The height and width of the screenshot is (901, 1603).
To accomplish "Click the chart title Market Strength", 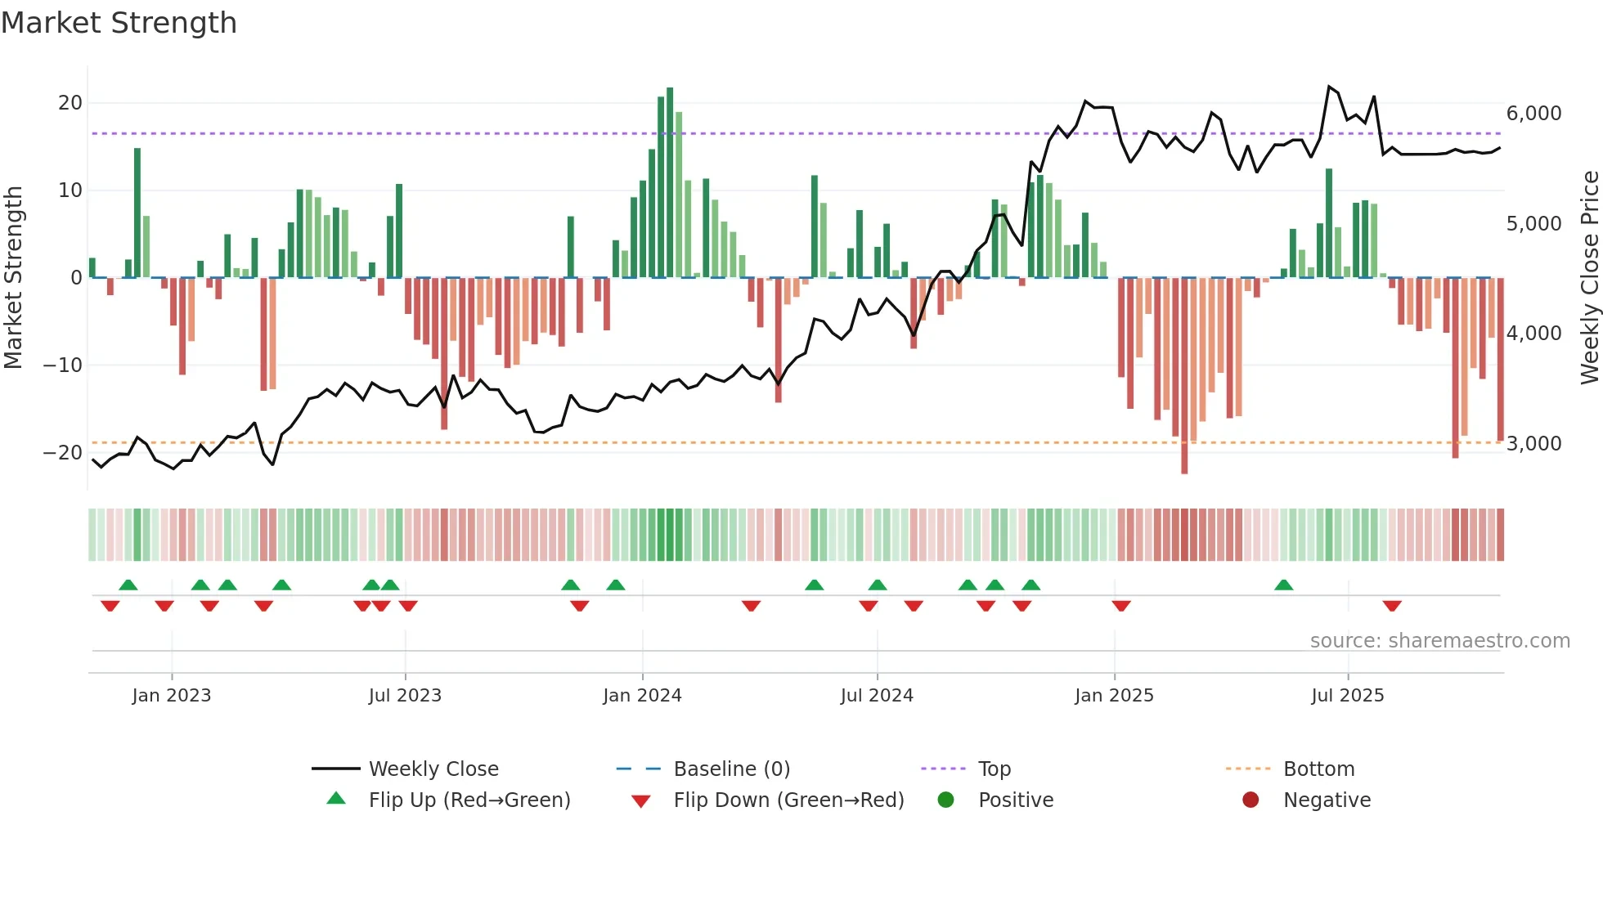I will pyautogui.click(x=119, y=23).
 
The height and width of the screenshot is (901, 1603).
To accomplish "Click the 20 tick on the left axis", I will pyautogui.click(x=70, y=103).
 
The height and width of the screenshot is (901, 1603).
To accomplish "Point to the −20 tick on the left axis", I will pyautogui.click(x=63, y=452).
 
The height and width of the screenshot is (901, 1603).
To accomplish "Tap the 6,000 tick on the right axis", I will pyautogui.click(x=1533, y=114).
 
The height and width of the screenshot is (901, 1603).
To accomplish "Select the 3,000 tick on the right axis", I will pyautogui.click(x=1533, y=444).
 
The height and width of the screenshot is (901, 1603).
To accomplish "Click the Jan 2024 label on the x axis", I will pyautogui.click(x=642, y=696).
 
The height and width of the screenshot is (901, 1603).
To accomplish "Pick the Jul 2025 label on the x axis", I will pyautogui.click(x=1347, y=696).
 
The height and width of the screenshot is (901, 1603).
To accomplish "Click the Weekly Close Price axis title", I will pyautogui.click(x=1589, y=278).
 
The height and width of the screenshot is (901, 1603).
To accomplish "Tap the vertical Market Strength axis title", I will pyautogui.click(x=13, y=278).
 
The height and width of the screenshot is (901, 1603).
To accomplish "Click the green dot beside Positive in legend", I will pyautogui.click(x=945, y=800).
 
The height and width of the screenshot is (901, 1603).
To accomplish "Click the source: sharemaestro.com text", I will pyautogui.click(x=1439, y=641).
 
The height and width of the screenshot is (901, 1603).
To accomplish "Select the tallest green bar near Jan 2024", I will pyautogui.click(x=670, y=182).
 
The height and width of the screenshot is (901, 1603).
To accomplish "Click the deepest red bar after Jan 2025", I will pyautogui.click(x=1184, y=375).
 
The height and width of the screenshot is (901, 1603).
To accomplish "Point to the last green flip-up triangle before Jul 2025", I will pyautogui.click(x=1283, y=585).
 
